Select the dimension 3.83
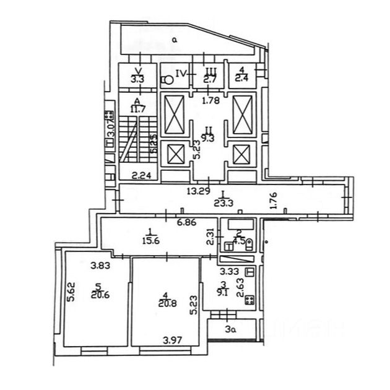[100, 266]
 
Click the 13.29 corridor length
[198, 191]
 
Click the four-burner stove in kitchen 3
[249, 301]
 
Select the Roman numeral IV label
[181, 73]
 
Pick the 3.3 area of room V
[137, 79]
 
